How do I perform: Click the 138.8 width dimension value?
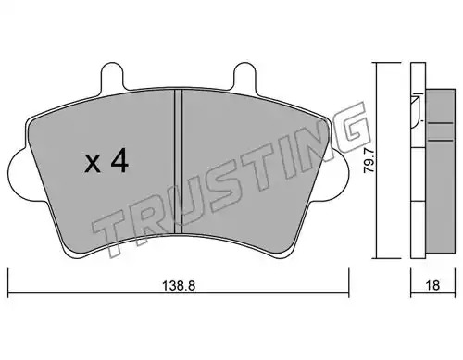179,286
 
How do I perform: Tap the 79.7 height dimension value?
369,160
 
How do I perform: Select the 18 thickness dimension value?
432,286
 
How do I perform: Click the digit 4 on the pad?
119,161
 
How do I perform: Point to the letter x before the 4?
93,164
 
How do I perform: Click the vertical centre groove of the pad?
179,161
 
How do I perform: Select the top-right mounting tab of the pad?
244,76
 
